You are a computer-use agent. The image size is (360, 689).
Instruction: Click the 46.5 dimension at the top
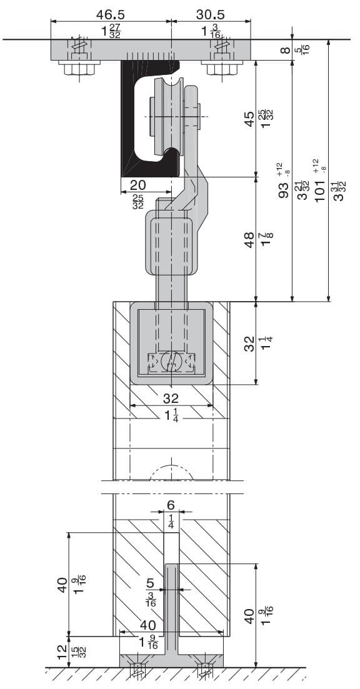tap(111, 14)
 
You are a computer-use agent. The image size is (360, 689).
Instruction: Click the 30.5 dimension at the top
tap(210, 14)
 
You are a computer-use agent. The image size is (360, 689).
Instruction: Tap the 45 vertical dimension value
tap(249, 119)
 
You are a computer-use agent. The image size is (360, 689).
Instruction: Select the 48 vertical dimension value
tap(249, 240)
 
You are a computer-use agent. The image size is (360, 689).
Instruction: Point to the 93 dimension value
tap(284, 191)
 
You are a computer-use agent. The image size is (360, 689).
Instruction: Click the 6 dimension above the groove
tap(171, 505)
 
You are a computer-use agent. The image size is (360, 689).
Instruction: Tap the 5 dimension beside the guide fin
tap(150, 583)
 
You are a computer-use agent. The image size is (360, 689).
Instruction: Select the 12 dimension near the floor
tap(63, 650)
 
